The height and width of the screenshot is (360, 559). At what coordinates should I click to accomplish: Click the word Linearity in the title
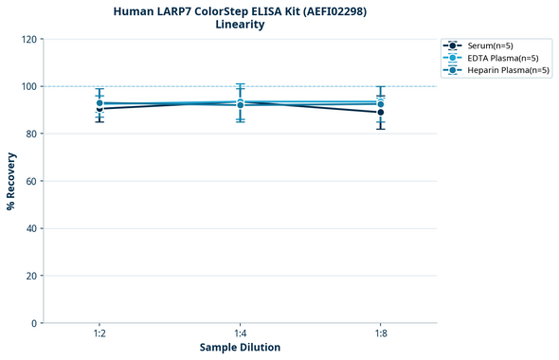(240, 25)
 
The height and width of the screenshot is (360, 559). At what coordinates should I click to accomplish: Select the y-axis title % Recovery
(11, 181)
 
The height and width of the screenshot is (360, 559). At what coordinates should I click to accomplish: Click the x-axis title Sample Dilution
(240, 348)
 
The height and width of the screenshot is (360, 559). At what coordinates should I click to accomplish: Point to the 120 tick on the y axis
(28, 39)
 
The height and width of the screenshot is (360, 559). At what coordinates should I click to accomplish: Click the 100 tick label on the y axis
(28, 86)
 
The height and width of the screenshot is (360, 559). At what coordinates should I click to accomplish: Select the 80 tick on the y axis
(31, 134)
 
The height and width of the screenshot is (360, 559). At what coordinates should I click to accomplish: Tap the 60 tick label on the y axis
(31, 181)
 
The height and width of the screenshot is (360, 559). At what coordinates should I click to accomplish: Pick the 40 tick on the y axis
(31, 228)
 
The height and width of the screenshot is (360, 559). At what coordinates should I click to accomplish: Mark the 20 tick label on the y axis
(31, 276)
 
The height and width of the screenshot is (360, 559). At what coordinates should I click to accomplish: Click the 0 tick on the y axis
(34, 323)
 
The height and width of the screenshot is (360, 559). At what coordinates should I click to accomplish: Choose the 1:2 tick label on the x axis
(99, 333)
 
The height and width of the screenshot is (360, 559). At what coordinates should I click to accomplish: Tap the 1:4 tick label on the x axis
(240, 333)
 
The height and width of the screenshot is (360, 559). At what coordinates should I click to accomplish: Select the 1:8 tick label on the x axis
(381, 333)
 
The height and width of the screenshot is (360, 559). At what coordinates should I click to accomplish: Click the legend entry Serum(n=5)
(490, 45)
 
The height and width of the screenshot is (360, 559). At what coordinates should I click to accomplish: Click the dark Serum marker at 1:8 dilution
(381, 113)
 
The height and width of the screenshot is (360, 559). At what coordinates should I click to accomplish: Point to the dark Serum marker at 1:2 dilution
(99, 108)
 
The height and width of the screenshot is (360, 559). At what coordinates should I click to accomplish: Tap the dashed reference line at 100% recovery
(313, 86)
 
